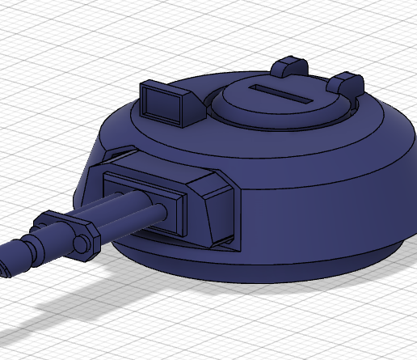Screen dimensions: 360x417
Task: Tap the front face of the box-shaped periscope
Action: (160, 104)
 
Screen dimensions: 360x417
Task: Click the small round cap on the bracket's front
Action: (82, 245)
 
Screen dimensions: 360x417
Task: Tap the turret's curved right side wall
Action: (339, 194)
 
